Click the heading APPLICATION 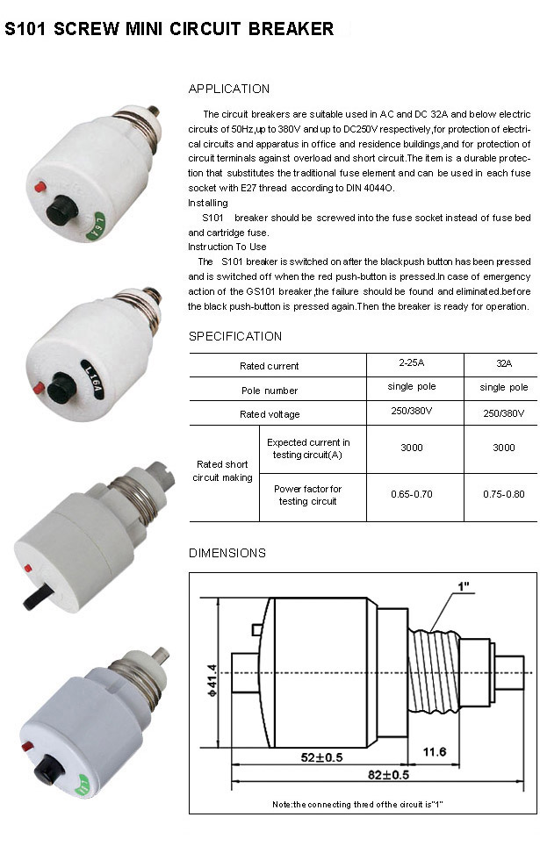[229, 89]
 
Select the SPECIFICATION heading [235, 336]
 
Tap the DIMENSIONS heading [227, 553]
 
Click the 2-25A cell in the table [411, 362]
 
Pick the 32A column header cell [503, 362]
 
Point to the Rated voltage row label [269, 414]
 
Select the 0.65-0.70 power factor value [411, 494]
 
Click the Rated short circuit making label [223, 471]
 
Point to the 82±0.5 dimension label [388, 774]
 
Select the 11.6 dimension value [434, 752]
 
